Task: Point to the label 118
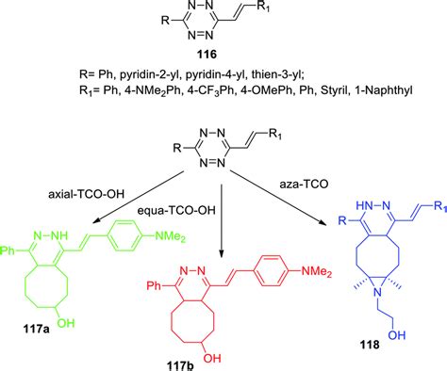[371, 347]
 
